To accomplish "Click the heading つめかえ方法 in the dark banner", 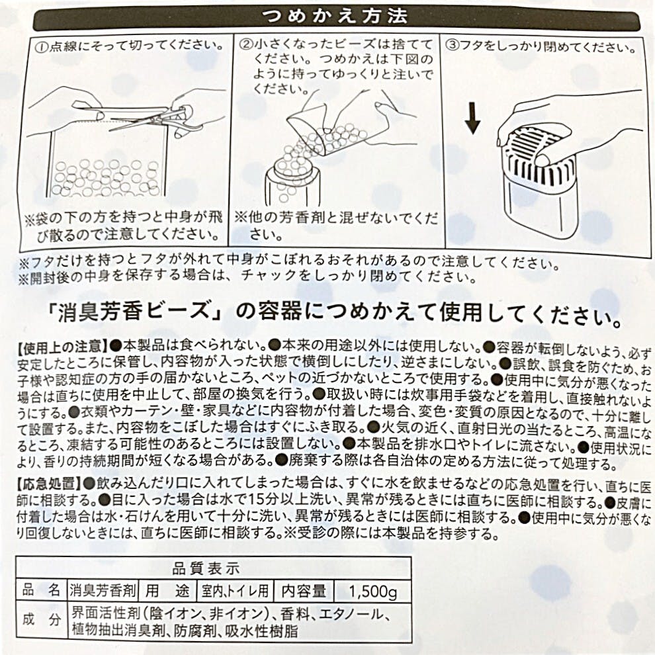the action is click(334, 17).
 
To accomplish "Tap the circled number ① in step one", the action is click(42, 46).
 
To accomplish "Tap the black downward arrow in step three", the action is click(472, 119).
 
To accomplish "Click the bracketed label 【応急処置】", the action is click(50, 484).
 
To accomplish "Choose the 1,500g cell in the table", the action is click(372, 591).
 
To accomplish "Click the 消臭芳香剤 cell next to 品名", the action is click(103, 591).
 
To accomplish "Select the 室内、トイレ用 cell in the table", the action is click(235, 591).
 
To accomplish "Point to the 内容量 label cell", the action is click(304, 591).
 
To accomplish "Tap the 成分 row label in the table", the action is click(42, 619).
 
